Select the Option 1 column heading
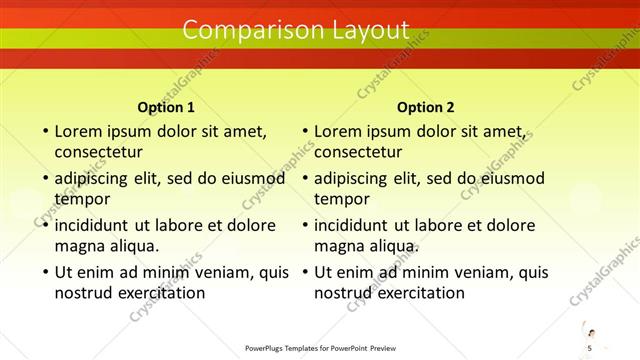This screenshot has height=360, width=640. pyautogui.click(x=165, y=107)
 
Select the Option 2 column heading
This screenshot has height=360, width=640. pyautogui.click(x=425, y=107)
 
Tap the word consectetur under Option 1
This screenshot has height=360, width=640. pyautogui.click(x=99, y=152)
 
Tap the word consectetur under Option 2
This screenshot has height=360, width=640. pyautogui.click(x=359, y=152)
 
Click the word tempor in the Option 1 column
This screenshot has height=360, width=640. pyautogui.click(x=82, y=199)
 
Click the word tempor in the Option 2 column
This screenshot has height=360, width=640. pyautogui.click(x=342, y=199)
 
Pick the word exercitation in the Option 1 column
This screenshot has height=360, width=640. pyautogui.click(x=158, y=293)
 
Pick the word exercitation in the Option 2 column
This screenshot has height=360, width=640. pyautogui.click(x=418, y=293)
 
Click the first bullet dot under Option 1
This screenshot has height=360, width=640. pyautogui.click(x=44, y=131)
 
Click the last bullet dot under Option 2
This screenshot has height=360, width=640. pyautogui.click(x=304, y=272)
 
